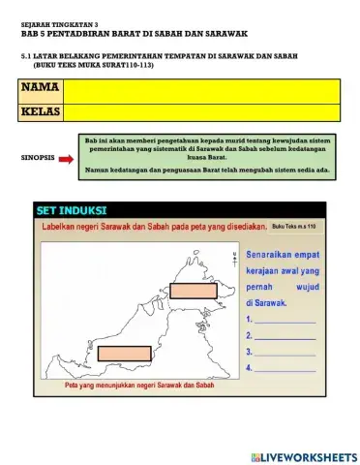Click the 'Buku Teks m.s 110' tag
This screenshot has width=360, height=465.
click(x=294, y=225)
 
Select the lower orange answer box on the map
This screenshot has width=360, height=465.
click(x=125, y=353)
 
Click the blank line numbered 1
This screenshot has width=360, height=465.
click(x=285, y=319)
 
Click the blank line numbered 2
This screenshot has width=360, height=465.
click(x=285, y=335)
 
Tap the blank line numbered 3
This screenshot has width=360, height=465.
click(x=285, y=352)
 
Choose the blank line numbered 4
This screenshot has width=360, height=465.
click(x=285, y=368)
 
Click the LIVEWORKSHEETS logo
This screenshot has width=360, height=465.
click(x=303, y=456)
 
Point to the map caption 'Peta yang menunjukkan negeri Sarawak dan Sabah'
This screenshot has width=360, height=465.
click(x=138, y=385)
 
